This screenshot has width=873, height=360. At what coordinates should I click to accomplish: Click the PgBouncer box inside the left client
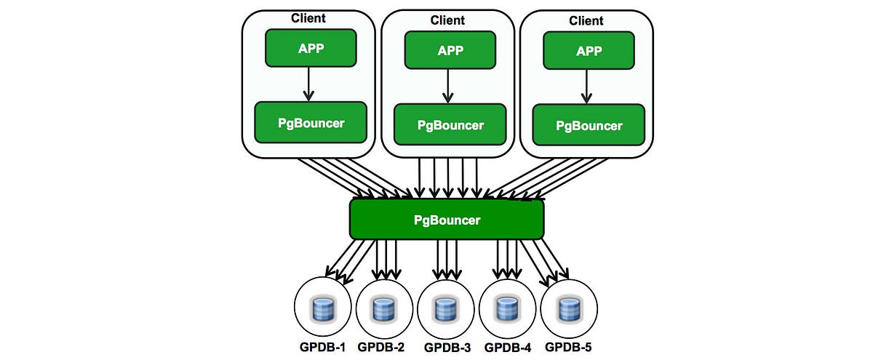tap(311, 122)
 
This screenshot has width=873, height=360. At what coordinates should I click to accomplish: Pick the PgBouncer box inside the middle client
tap(450, 124)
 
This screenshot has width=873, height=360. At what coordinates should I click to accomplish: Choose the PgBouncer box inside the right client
tap(589, 125)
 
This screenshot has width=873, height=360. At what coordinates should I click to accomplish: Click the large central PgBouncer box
tap(447, 220)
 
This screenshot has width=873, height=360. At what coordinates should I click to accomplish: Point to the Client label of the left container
tap(308, 18)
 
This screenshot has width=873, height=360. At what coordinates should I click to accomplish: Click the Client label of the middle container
tap(447, 20)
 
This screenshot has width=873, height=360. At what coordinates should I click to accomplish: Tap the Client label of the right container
tap(586, 21)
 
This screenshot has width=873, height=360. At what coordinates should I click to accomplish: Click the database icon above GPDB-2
tap(383, 311)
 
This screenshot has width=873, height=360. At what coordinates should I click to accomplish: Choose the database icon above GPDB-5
tap(567, 311)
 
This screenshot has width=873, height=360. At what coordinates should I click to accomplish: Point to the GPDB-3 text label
tap(447, 348)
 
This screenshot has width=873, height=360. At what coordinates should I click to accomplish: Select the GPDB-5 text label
tap(569, 347)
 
